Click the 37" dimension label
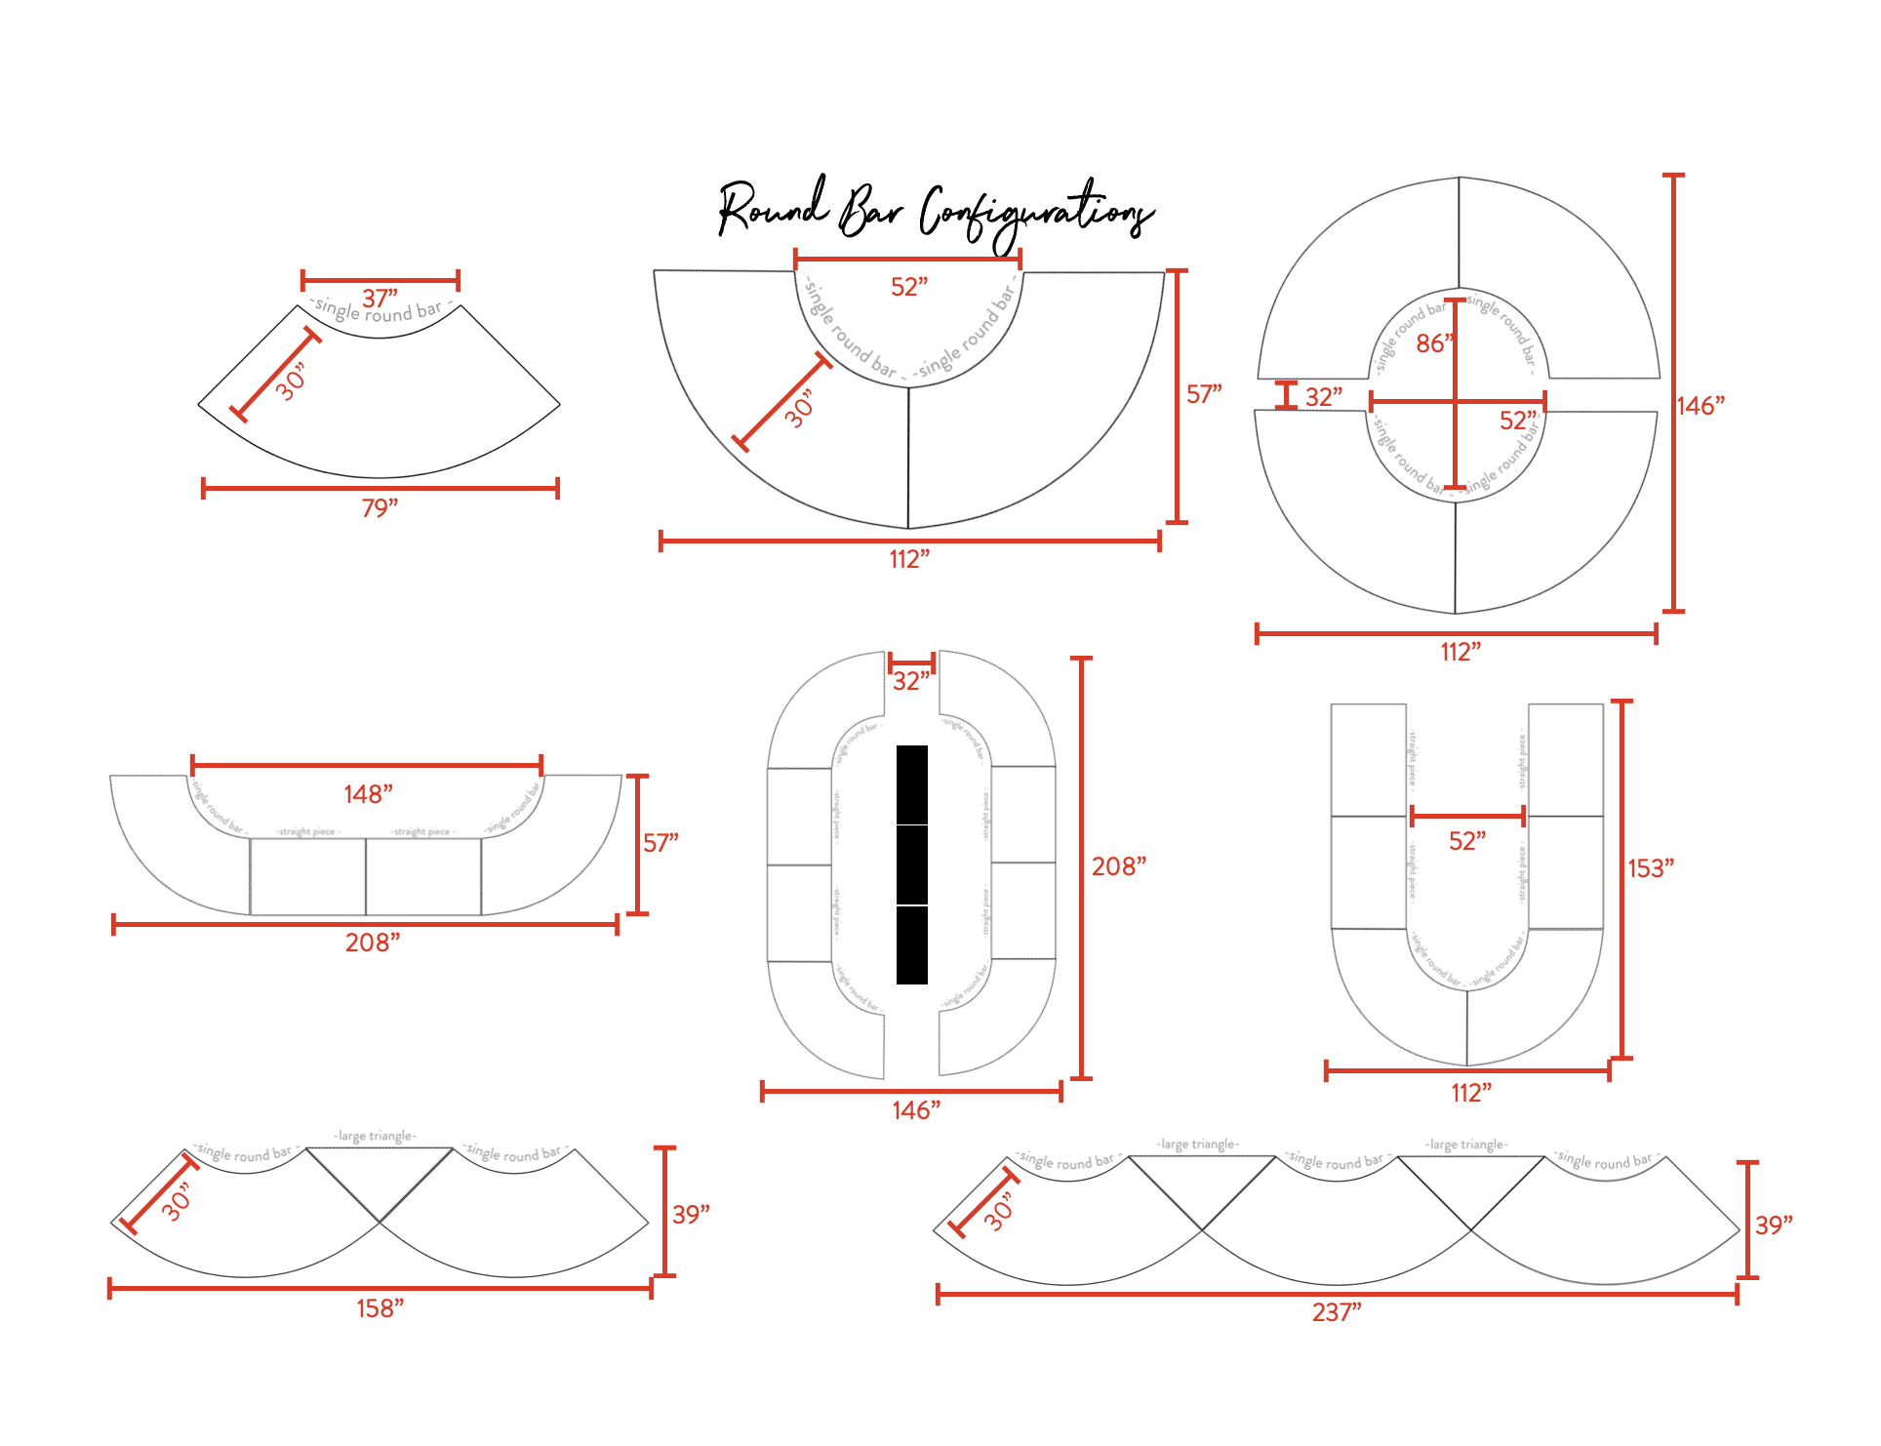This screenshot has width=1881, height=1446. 380,297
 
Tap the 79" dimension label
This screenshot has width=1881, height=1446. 380,508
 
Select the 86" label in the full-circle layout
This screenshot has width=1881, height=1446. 1433,343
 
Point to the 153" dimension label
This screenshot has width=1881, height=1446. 1650,868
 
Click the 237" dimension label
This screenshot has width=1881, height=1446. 1336,1312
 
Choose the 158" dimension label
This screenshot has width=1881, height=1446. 380,1308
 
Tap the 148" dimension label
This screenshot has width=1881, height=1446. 368,794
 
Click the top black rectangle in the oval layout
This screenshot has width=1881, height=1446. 911,784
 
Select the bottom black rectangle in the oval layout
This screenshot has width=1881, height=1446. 911,945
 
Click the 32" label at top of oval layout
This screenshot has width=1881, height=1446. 910,681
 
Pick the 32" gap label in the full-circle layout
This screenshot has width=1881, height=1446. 1323,397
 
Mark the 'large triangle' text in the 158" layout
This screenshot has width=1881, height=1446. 376,1136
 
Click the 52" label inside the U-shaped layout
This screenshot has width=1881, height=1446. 1466,841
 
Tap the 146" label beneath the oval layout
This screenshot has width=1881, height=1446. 915,1110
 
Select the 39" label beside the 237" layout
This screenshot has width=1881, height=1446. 1773,1225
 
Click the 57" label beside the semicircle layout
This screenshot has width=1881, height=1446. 1203,394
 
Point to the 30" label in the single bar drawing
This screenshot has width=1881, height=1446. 290,382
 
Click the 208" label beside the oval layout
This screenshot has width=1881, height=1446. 1118,866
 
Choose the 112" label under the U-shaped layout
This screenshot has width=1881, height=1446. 1470,1093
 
